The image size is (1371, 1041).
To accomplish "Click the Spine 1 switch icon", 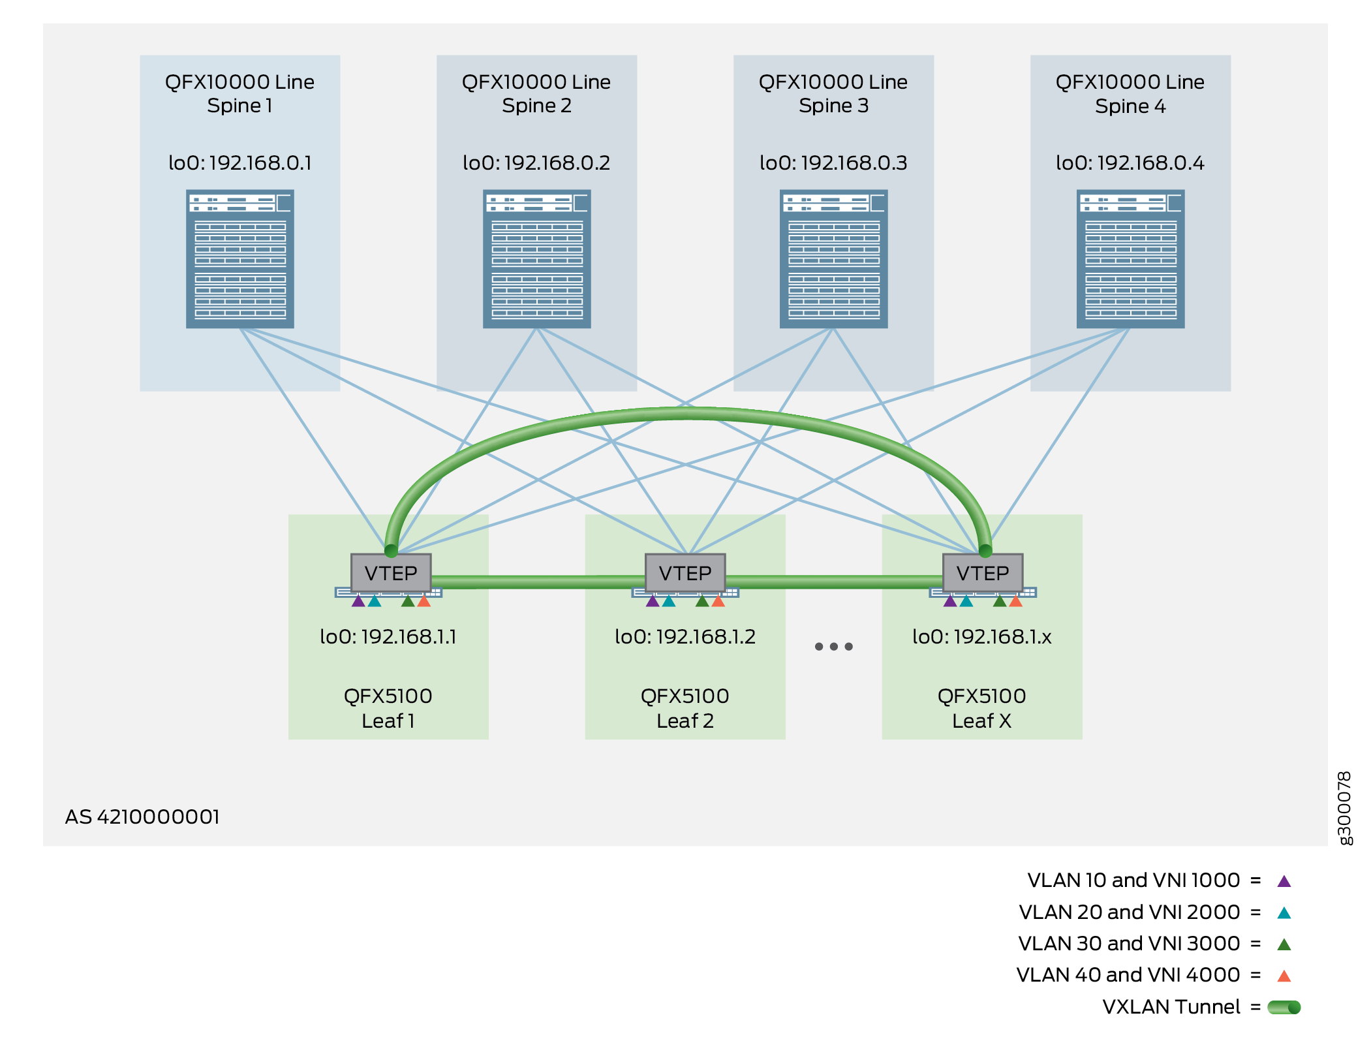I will (x=239, y=258).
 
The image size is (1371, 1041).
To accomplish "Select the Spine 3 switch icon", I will (x=833, y=258).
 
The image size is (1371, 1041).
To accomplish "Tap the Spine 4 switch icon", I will (x=1130, y=258).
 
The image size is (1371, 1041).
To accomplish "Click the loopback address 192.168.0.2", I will (x=536, y=163).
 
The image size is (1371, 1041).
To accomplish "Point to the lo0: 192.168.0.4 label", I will (x=1130, y=163).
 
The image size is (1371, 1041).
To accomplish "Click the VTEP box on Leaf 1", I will (x=390, y=573).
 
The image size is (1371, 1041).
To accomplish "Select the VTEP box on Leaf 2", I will (x=685, y=573).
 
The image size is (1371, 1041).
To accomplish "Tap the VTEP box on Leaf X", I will (x=982, y=573).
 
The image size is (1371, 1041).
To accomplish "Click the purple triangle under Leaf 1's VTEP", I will (x=358, y=601).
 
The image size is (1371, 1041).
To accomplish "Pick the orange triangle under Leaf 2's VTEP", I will (x=718, y=601).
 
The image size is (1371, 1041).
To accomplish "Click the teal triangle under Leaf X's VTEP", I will (x=966, y=601).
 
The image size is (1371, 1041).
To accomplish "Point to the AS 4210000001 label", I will (x=142, y=816).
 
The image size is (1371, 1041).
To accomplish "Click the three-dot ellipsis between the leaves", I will (x=833, y=647).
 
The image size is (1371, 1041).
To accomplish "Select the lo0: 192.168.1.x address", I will (x=981, y=636).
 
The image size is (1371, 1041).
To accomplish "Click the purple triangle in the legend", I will (x=1284, y=881).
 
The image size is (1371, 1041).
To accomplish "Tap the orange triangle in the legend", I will (x=1284, y=976).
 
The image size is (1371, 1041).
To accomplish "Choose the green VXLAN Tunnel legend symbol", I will (x=1284, y=1007).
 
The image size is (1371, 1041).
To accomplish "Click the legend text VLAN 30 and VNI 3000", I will (x=1129, y=943).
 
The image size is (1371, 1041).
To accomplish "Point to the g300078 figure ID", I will (x=1345, y=808).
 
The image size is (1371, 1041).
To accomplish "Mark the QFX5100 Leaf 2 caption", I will (x=685, y=708).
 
